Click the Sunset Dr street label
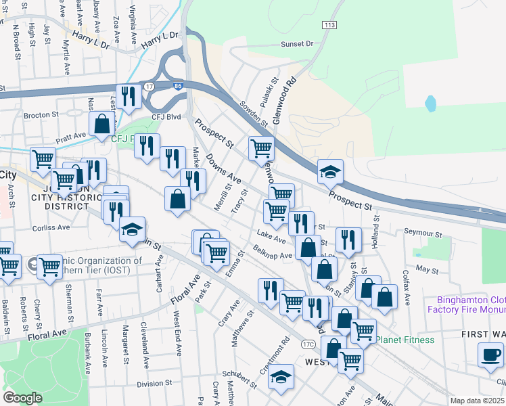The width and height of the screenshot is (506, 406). tap(298, 44)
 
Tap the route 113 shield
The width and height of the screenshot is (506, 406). tap(329, 25)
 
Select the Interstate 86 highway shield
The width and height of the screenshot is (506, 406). tap(177, 86)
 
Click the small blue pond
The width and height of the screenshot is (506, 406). tap(431, 104)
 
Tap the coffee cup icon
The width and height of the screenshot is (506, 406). tap(490, 354)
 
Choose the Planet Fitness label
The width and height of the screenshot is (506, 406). tap(405, 339)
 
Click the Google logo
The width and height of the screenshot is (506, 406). tap(22, 398)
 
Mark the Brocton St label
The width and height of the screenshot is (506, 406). tap(41, 115)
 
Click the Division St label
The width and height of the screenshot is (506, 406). tap(154, 383)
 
